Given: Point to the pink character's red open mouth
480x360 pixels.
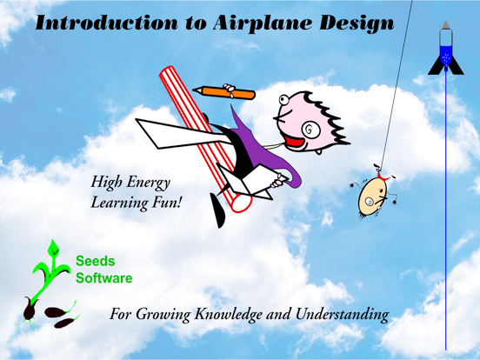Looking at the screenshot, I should pyautogui.click(x=298, y=137).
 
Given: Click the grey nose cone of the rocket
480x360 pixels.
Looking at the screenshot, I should pyautogui.click(x=446, y=27).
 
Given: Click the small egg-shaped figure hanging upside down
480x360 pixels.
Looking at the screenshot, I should pyautogui.click(x=373, y=196).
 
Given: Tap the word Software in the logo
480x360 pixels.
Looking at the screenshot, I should pyautogui.click(x=104, y=278).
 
